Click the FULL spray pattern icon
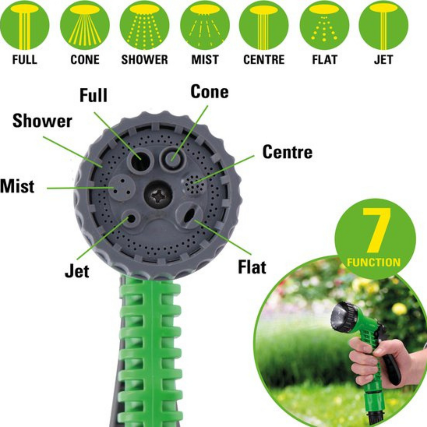(x=25, y=25)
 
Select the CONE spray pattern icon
(x=85, y=25)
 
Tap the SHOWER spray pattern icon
(x=145, y=25)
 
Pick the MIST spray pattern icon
(x=205, y=25)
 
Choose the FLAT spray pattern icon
(x=324, y=25)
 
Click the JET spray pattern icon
(x=383, y=25)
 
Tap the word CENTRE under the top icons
(x=264, y=60)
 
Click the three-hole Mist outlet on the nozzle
(x=122, y=188)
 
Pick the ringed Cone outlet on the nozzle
(x=173, y=158)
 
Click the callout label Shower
(x=42, y=121)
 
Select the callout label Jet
(x=77, y=271)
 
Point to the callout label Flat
(x=252, y=267)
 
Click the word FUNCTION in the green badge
(x=374, y=262)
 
